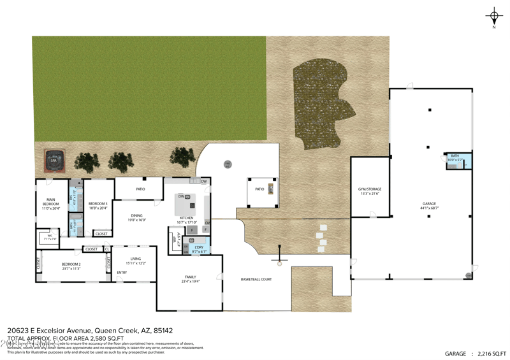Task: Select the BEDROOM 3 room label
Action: [98, 204]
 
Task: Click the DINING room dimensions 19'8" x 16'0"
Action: [136, 220]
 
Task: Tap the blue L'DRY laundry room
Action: [199, 248]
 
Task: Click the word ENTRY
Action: [122, 273]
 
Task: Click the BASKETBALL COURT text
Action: [256, 279]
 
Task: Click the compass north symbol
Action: [494, 16]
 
